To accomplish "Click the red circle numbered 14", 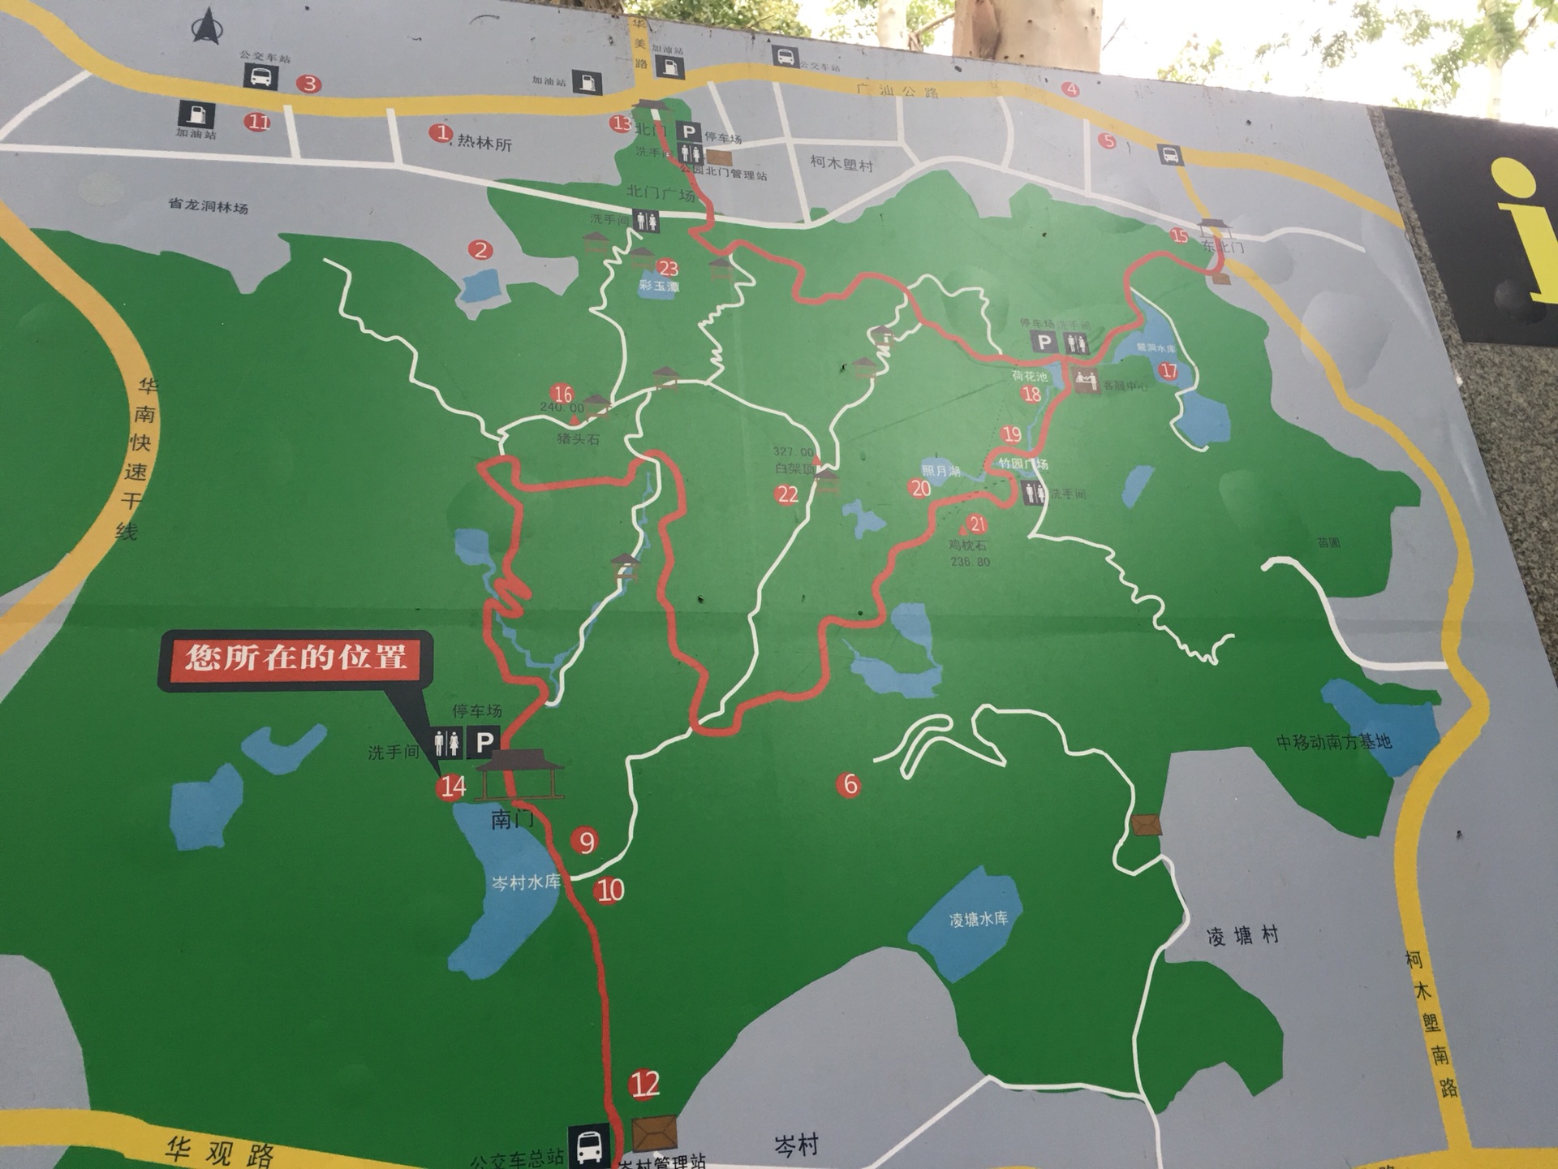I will pyautogui.click(x=452, y=786).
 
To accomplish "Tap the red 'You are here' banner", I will pyautogui.click(x=295, y=657).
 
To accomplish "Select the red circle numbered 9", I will pyautogui.click(x=586, y=842).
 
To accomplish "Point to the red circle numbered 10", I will pyautogui.click(x=609, y=891).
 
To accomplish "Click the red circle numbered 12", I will pyautogui.click(x=645, y=1085).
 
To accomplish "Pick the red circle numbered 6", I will pyautogui.click(x=850, y=784).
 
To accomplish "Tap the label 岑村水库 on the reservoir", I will pyautogui.click(x=526, y=882).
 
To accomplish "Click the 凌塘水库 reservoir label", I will pyautogui.click(x=979, y=919).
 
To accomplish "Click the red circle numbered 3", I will pyautogui.click(x=308, y=84).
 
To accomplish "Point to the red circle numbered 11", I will pyautogui.click(x=258, y=123).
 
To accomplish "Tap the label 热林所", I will pyautogui.click(x=484, y=144).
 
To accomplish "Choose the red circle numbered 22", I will pyautogui.click(x=787, y=494).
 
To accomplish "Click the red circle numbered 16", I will pyautogui.click(x=562, y=395).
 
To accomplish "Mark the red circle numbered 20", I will pyautogui.click(x=920, y=488).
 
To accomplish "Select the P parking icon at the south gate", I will pyautogui.click(x=484, y=741).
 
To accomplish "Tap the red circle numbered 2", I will pyautogui.click(x=481, y=250).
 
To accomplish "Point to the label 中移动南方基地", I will pyautogui.click(x=1334, y=741).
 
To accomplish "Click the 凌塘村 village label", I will pyautogui.click(x=1242, y=936).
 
